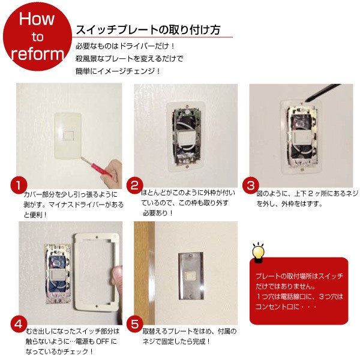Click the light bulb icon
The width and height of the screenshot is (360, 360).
[259, 251]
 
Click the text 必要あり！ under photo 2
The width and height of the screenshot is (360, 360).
[157, 212]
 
